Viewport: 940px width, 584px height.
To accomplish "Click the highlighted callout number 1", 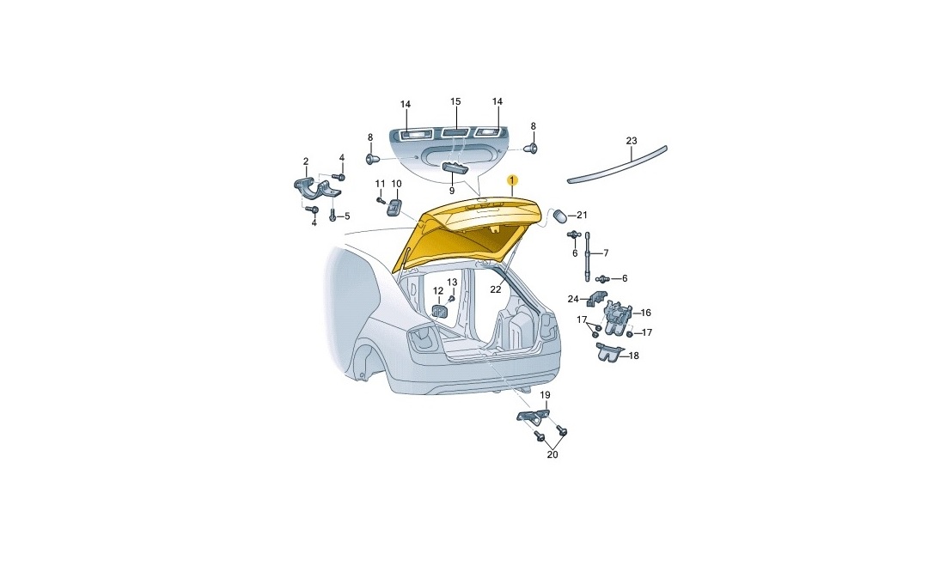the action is pyautogui.click(x=513, y=179).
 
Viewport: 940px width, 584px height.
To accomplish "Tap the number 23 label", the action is pyautogui.click(x=632, y=141).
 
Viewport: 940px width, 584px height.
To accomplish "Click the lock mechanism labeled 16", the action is pyautogui.click(x=617, y=318).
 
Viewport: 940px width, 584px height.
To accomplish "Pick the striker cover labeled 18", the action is pyautogui.click(x=610, y=353).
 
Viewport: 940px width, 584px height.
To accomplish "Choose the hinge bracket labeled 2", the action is pyautogui.click(x=314, y=188).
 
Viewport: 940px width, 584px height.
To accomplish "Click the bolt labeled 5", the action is pyautogui.click(x=333, y=216).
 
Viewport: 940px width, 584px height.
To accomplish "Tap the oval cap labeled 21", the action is pyautogui.click(x=559, y=216).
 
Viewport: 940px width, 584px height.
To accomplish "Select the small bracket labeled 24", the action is pyautogui.click(x=598, y=298).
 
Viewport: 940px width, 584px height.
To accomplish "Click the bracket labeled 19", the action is pyautogui.click(x=533, y=417).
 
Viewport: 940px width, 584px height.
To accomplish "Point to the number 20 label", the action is pyautogui.click(x=552, y=454).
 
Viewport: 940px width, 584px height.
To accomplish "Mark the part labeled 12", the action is pyautogui.click(x=440, y=312).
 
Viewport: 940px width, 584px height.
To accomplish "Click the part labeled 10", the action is pyautogui.click(x=395, y=207).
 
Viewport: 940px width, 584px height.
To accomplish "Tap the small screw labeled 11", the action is pyautogui.click(x=380, y=199).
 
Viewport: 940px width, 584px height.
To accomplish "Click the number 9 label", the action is pyautogui.click(x=452, y=191).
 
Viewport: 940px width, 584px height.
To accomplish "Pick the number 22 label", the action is pyautogui.click(x=495, y=289).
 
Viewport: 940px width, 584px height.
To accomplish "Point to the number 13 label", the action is pyautogui.click(x=452, y=282).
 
